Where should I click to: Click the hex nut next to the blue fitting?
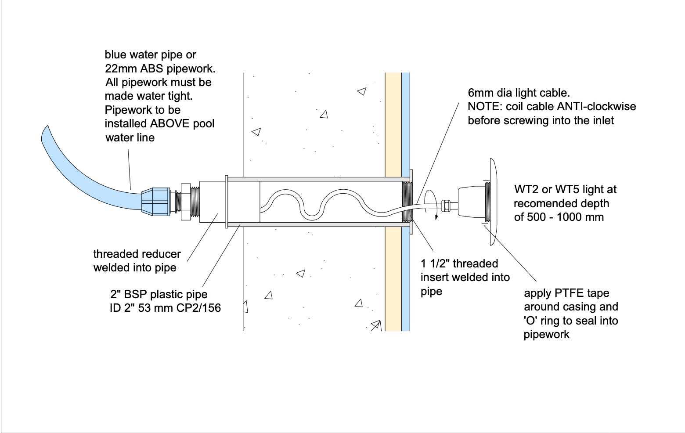pos(185,202)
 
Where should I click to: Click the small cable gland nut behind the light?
pos(446,205)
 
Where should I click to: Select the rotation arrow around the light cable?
pos(433,202)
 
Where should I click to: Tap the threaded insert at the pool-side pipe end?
pos(407,202)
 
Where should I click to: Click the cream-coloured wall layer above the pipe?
pos(393,123)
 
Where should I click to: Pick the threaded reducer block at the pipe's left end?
pos(213,202)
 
